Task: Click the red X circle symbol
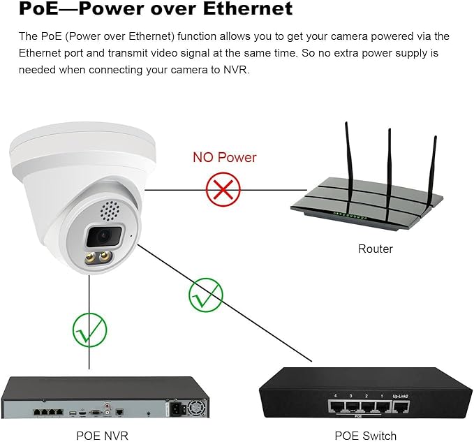pyautogui.click(x=223, y=189)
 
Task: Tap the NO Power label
pyautogui.click(x=225, y=158)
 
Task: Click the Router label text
pyautogui.click(x=375, y=249)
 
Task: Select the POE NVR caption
pyautogui.click(x=102, y=436)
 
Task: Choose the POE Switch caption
pyautogui.click(x=366, y=436)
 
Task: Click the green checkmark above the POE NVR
pyautogui.click(x=90, y=330)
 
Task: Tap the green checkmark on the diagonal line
pyautogui.click(x=206, y=295)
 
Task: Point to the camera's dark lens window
pyautogui.click(x=103, y=236)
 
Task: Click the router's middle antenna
pyautogui.click(x=389, y=175)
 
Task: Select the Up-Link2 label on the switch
pyautogui.click(x=400, y=396)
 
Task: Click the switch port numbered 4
pyautogui.click(x=336, y=407)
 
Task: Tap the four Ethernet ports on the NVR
pyautogui.click(x=48, y=411)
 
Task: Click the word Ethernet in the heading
pyautogui.click(x=248, y=8)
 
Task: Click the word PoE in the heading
pyautogui.click(x=38, y=8)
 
